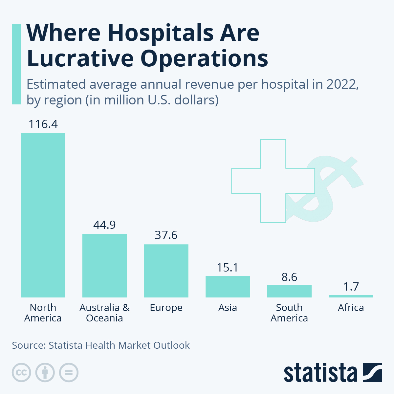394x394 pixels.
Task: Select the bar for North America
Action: [x=43, y=215]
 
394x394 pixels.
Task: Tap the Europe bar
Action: [x=166, y=271]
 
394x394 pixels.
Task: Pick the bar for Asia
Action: [x=228, y=287]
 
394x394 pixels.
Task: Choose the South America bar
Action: [x=289, y=291]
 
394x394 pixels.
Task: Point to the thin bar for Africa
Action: [x=351, y=296]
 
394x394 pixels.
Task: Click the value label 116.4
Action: [x=43, y=124]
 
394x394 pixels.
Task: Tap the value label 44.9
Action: [x=104, y=225]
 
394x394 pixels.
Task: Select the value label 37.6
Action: [x=166, y=235]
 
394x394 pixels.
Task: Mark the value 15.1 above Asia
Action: [x=228, y=268]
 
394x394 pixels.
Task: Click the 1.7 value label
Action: [x=351, y=287]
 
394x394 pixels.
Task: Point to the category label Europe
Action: [x=166, y=308]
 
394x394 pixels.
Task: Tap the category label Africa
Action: [x=351, y=308]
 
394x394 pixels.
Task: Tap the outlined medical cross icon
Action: [x=273, y=181]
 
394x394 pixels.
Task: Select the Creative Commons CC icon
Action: [x=22, y=373]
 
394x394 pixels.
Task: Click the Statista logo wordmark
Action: [x=320, y=373]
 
